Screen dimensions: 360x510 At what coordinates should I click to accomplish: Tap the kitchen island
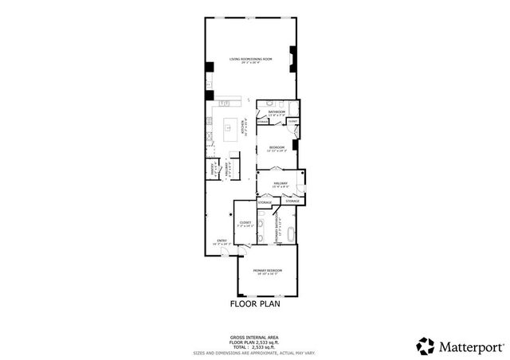pyautogui.click(x=232, y=126)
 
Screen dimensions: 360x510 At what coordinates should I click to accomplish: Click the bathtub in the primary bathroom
pyautogui.click(x=291, y=234)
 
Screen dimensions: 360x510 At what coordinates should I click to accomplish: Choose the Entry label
pyautogui.click(x=222, y=241)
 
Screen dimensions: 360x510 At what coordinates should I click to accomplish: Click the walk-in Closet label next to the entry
pyautogui.click(x=245, y=224)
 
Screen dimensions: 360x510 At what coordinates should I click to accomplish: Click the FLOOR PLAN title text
pyautogui.click(x=254, y=303)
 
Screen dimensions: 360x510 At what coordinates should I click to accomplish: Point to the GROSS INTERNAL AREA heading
pyautogui.click(x=254, y=337)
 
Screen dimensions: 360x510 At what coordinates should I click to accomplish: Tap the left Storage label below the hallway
pyautogui.click(x=265, y=203)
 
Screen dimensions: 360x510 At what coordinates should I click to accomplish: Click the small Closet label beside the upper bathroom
pyautogui.click(x=292, y=121)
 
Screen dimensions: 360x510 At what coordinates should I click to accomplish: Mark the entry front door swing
pyautogui.click(x=225, y=253)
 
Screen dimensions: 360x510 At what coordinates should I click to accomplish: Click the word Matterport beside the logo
pyautogui.click(x=470, y=346)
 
